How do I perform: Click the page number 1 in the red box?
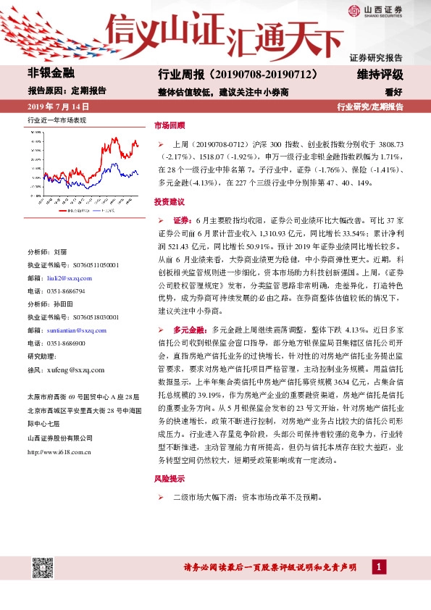377,567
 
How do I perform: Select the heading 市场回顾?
170,125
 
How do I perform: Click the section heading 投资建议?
170,201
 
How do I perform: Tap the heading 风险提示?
170,479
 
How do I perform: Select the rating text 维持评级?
380,74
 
